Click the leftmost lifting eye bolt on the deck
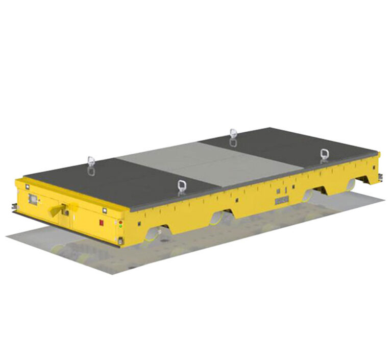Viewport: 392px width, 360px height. point(91,165)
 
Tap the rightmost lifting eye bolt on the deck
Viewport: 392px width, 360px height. point(324,155)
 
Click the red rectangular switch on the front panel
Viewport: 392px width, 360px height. point(101,223)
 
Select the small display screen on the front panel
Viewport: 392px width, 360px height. point(33,198)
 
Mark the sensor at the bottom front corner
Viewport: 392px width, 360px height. point(119,240)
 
